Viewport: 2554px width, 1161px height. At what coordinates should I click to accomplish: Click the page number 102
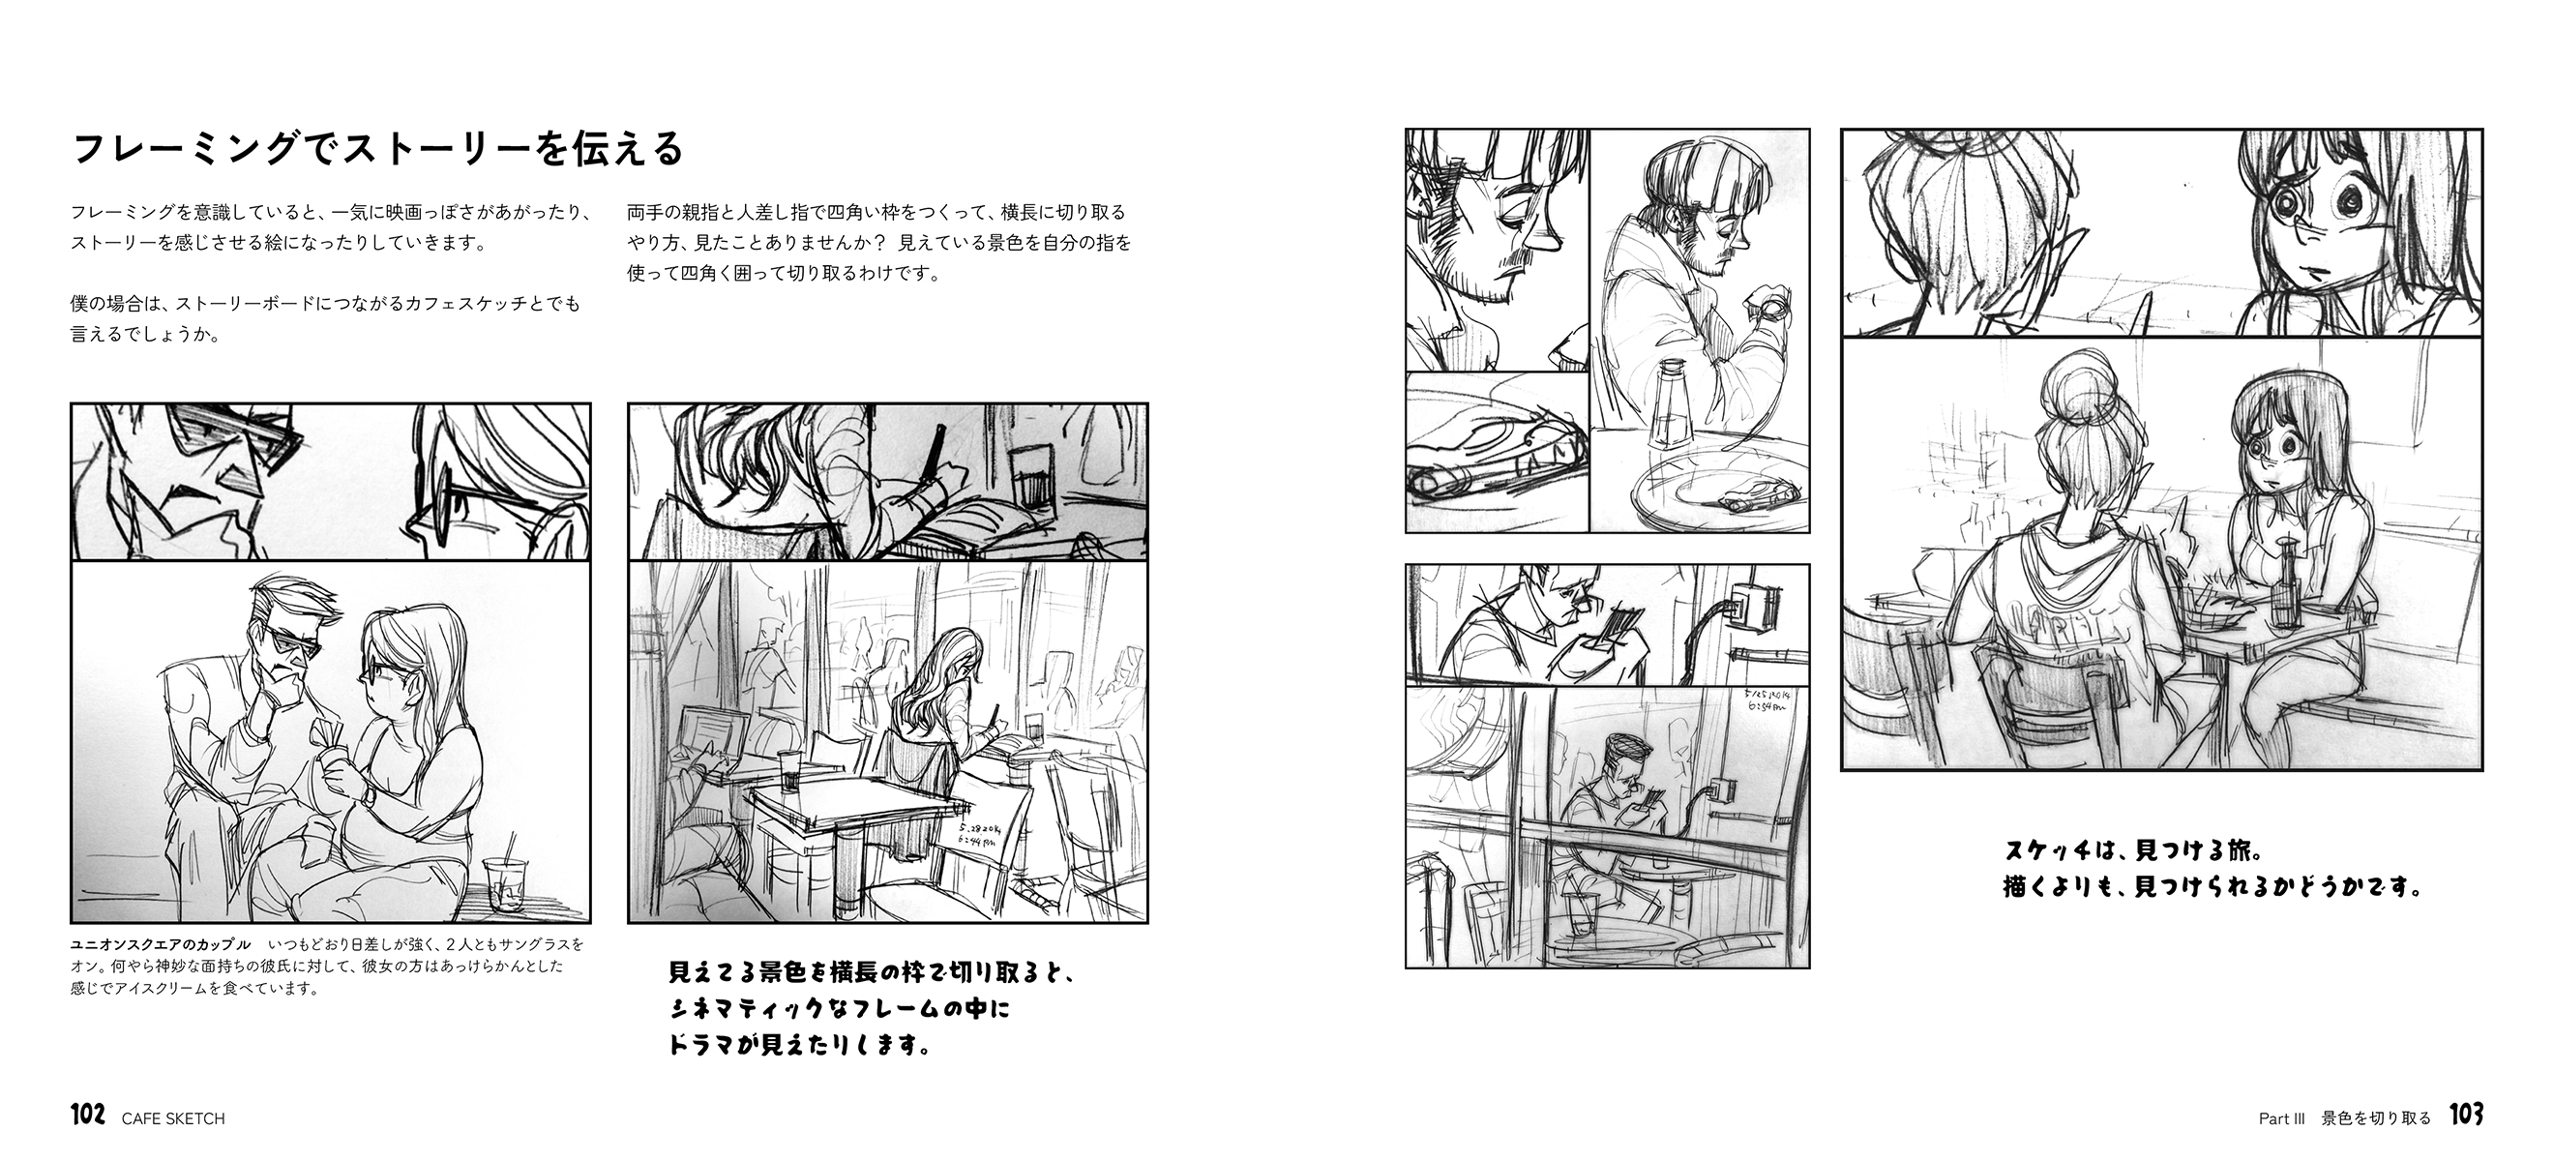(x=87, y=1116)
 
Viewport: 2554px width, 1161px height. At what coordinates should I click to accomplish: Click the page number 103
(x=2467, y=1116)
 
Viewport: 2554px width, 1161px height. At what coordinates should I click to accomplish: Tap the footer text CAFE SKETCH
(x=173, y=1118)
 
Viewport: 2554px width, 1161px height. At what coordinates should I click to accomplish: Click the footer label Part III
(x=2281, y=1118)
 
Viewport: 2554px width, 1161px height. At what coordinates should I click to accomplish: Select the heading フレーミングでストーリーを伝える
(x=377, y=149)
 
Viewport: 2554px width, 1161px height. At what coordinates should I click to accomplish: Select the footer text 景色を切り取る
(x=2376, y=1118)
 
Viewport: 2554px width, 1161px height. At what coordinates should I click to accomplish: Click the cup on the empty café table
(x=789, y=770)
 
